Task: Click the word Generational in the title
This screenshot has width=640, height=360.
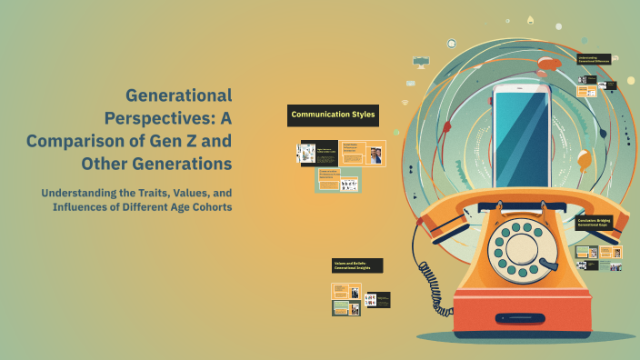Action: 178,95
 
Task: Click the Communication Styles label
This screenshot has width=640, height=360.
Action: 333,115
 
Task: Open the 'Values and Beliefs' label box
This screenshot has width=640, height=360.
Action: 356,265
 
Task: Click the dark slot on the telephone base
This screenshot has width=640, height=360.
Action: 525,318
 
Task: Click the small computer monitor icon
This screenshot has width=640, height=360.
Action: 420,61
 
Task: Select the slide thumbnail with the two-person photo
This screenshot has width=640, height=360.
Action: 376,154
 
